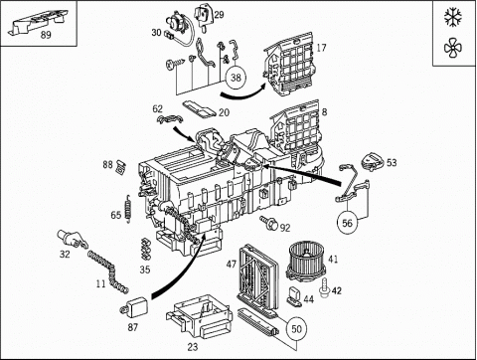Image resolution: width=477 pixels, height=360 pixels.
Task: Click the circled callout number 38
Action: click(x=236, y=78)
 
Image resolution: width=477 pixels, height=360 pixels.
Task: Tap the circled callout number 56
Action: click(x=347, y=223)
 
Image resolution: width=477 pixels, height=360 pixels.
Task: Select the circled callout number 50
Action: click(x=296, y=329)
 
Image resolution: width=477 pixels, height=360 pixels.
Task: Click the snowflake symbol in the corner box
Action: click(x=453, y=17)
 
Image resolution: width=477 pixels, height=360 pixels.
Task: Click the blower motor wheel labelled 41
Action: click(x=305, y=262)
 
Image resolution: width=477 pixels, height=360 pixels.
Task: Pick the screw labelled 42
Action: click(x=325, y=287)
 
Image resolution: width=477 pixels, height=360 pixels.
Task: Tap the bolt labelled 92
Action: click(x=268, y=223)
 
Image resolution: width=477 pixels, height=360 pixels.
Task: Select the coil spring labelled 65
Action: click(x=128, y=209)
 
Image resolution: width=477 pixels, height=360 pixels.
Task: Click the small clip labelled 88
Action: click(x=120, y=166)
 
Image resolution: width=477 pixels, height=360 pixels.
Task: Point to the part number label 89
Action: click(x=46, y=35)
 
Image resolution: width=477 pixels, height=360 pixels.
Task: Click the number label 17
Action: click(x=321, y=48)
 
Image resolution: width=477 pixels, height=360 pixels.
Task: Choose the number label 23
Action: click(x=193, y=347)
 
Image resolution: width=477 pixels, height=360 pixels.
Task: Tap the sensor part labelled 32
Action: click(x=73, y=239)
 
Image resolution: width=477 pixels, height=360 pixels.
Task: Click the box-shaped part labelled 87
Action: click(x=135, y=306)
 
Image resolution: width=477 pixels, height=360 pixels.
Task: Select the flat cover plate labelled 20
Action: click(x=200, y=108)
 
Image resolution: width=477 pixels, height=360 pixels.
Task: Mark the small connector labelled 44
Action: click(x=294, y=294)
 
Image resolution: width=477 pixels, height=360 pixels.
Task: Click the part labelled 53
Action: click(x=372, y=161)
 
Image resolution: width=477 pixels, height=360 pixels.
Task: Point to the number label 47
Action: click(x=232, y=265)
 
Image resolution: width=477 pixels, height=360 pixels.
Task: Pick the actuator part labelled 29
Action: click(x=204, y=16)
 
